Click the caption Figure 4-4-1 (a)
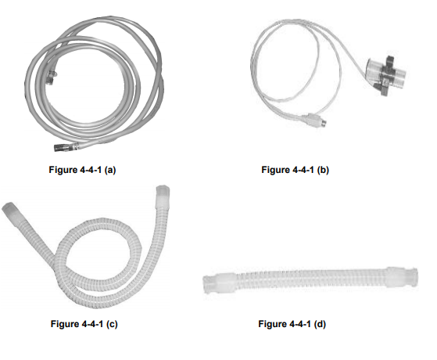(82, 170)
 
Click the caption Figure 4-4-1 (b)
(296, 170)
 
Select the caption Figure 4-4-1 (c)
(84, 324)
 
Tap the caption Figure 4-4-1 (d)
(292, 324)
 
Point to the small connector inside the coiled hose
(51, 77)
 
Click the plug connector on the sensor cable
(317, 121)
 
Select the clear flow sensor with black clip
(386, 75)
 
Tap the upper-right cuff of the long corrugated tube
(163, 196)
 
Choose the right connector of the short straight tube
(402, 277)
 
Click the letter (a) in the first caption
(110, 170)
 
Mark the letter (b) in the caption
(324, 170)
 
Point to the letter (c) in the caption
(112, 324)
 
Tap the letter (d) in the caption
(321, 324)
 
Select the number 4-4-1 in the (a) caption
(91, 170)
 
